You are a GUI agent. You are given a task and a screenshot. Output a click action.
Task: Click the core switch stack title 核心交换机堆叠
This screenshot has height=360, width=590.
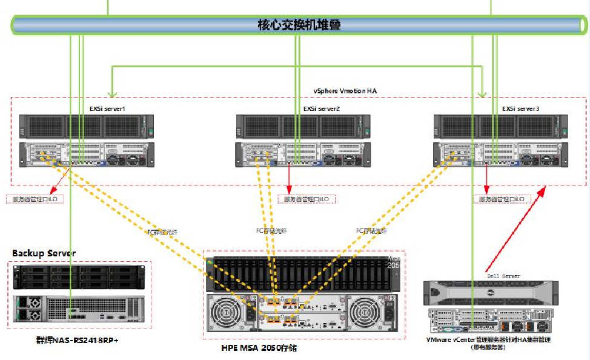[x=299, y=25]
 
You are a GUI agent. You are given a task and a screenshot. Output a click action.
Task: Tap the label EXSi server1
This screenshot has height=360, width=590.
[x=108, y=108]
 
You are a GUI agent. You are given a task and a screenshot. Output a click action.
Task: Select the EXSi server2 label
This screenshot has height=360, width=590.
[x=321, y=108]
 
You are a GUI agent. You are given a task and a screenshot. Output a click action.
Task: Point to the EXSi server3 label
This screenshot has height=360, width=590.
[x=520, y=108]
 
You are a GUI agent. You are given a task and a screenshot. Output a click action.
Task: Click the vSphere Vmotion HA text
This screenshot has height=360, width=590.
[x=345, y=90]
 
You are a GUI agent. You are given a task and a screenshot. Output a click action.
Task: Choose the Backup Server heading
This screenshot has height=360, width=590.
[x=44, y=253]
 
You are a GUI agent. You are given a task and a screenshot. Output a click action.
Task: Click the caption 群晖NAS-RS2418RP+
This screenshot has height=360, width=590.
[x=77, y=341]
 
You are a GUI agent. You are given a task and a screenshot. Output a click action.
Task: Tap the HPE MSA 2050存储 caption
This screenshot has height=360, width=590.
[x=259, y=348]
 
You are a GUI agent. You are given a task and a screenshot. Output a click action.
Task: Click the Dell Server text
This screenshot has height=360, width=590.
[x=502, y=276]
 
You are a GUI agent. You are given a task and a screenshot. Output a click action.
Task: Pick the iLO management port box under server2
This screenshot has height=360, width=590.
[x=307, y=199]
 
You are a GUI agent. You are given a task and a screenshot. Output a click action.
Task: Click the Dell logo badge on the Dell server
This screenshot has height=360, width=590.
[x=489, y=292]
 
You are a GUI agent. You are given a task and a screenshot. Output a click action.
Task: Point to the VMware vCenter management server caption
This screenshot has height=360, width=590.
[x=489, y=341]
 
